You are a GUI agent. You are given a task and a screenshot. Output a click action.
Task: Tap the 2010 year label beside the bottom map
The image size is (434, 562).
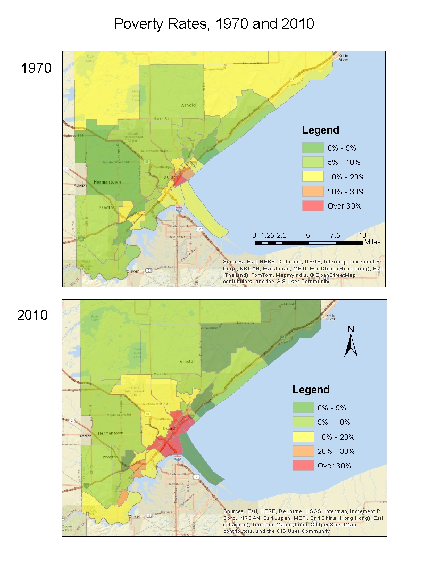click(32, 315)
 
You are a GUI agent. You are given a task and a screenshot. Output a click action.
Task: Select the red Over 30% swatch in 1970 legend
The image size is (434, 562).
click(312, 206)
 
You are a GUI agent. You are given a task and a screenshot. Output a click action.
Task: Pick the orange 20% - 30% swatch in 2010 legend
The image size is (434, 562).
click(303, 451)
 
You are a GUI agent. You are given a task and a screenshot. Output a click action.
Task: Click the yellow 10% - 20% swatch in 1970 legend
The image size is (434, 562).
click(312, 177)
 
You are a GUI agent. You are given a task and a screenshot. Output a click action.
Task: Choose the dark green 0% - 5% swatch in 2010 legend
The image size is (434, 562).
click(303, 408)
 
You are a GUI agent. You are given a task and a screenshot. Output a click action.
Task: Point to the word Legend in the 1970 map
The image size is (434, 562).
click(320, 130)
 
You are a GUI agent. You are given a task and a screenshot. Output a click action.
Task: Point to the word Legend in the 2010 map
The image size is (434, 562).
click(311, 390)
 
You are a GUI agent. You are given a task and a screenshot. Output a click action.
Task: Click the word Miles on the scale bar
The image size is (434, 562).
click(372, 242)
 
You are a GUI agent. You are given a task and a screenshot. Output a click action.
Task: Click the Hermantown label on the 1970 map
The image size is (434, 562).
click(107, 182)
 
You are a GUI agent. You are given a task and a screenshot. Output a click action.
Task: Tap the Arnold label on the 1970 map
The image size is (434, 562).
click(188, 105)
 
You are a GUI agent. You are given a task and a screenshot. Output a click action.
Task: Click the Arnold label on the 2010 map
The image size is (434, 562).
click(186, 362)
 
